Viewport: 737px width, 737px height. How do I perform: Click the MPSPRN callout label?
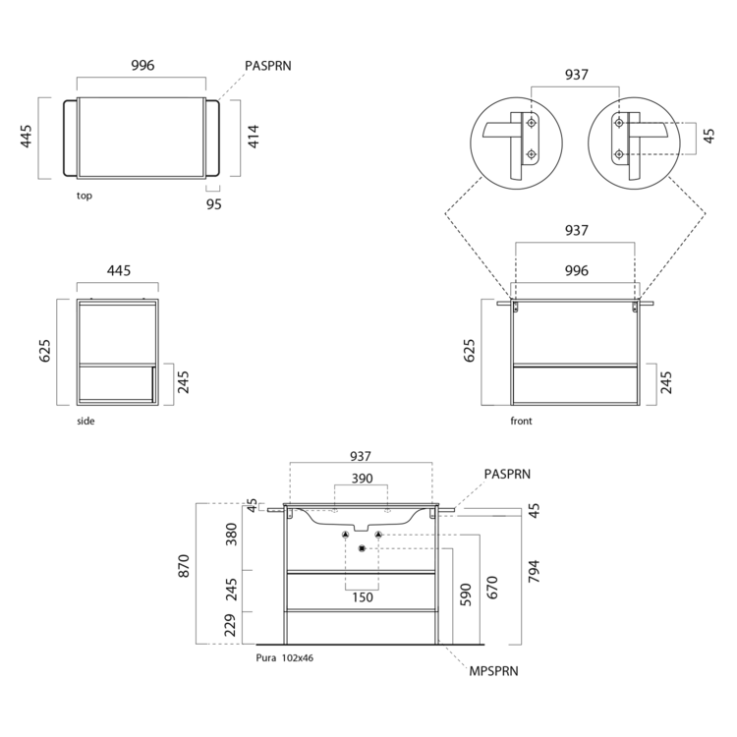(493, 671)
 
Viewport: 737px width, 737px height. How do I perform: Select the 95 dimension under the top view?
(214, 204)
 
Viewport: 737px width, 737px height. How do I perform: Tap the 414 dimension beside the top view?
(254, 137)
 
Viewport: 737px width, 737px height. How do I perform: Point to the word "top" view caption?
(85, 196)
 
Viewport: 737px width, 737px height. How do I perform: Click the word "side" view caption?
(85, 422)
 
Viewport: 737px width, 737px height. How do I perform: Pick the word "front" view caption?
(521, 422)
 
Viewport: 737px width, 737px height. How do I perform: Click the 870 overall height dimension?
(184, 566)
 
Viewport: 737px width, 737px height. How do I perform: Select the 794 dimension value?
(534, 572)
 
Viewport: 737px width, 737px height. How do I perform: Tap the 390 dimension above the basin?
(362, 479)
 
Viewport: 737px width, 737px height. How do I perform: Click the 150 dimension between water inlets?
(363, 597)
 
